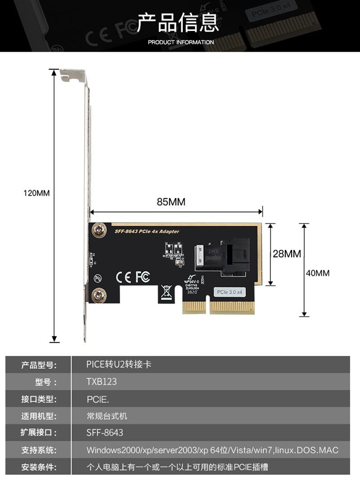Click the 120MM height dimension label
click(x=36, y=193)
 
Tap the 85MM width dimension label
click(x=171, y=202)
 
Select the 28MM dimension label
click(x=287, y=254)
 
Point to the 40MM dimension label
click(x=317, y=273)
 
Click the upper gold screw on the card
click(x=98, y=231)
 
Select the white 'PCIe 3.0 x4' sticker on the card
click(x=229, y=292)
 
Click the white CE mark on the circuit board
click(x=124, y=277)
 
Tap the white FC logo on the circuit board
click(x=142, y=277)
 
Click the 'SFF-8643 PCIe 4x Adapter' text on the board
click(x=147, y=232)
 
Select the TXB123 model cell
click(x=102, y=382)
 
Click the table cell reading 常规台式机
click(x=107, y=416)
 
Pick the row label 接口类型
click(x=39, y=399)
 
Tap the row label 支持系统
click(x=39, y=450)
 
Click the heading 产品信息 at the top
click(x=178, y=23)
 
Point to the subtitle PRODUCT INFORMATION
click(x=181, y=42)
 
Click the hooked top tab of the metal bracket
click(x=72, y=76)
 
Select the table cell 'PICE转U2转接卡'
click(x=119, y=365)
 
